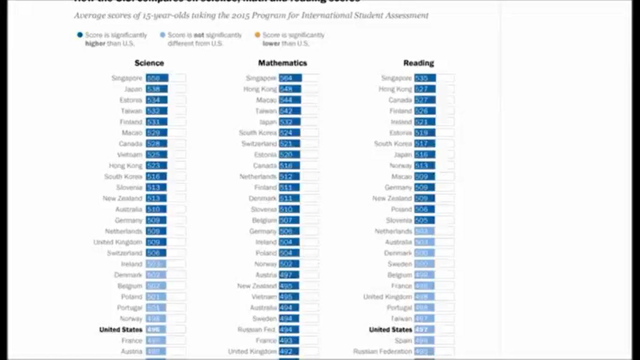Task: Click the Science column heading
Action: tap(149, 63)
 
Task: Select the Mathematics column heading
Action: tap(282, 63)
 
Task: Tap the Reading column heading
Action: tap(418, 63)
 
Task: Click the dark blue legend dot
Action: tap(80, 35)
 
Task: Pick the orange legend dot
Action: tap(257, 35)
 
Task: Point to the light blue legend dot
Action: tap(163, 35)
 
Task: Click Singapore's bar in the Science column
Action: tap(157, 78)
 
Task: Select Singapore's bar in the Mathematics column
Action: tap(290, 78)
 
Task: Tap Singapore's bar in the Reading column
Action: tap(425, 78)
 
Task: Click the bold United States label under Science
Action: tap(120, 330)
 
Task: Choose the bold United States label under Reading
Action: tap(390, 330)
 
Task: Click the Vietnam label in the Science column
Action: tap(129, 155)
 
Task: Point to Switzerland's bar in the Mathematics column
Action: tap(289, 144)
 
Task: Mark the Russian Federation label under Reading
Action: tap(383, 352)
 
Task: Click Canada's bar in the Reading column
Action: tap(424, 100)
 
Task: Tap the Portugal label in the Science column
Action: tap(129, 308)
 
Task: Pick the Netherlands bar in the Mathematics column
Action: tap(289, 177)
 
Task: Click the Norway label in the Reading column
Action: tap(400, 165)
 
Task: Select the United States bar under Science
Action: tap(156, 330)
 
